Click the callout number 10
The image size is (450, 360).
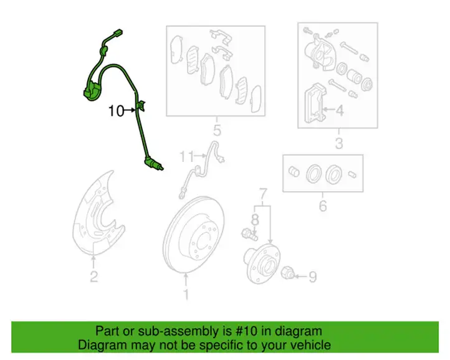116,111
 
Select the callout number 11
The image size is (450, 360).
186,156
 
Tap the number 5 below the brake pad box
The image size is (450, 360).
218,131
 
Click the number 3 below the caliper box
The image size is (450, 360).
339,143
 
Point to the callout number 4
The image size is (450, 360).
340,110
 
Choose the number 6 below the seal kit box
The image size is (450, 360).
323,206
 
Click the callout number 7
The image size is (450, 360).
263,194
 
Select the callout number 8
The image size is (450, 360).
255,220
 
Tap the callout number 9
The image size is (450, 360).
312,277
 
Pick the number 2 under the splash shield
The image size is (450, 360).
94,277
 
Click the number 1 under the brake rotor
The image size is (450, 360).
186,295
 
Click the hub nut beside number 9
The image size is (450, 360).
287,273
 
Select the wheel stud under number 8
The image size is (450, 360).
249,234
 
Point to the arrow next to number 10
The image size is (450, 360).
130,110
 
